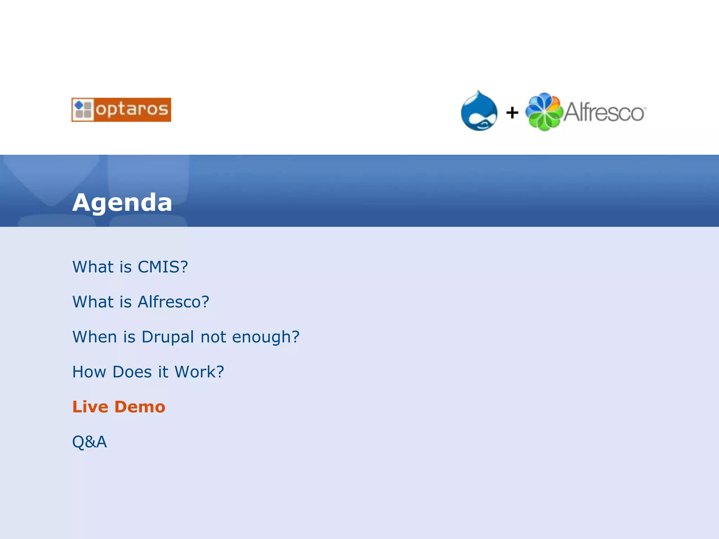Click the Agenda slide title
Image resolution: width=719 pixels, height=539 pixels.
click(x=122, y=202)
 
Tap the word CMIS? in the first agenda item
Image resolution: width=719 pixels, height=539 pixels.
click(x=163, y=267)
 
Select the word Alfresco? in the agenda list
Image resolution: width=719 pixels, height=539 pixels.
click(x=173, y=302)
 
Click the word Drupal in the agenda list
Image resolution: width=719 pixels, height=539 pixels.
click(x=168, y=337)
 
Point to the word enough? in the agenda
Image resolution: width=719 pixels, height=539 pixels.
click(x=266, y=337)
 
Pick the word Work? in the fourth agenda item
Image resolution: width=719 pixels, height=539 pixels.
click(x=199, y=372)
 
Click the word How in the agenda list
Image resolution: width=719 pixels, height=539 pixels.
click(x=89, y=372)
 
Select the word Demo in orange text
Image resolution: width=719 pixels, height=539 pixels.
click(x=140, y=407)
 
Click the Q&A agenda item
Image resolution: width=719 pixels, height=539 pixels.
click(x=90, y=442)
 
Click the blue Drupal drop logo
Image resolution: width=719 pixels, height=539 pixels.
click(x=479, y=111)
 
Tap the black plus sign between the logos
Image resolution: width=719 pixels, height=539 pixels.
click(x=512, y=113)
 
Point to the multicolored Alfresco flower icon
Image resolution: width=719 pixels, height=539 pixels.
click(x=544, y=112)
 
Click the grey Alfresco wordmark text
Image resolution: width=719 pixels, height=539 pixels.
click(x=604, y=112)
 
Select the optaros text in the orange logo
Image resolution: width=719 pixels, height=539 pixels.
click(x=132, y=109)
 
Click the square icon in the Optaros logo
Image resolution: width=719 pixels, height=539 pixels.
click(x=83, y=109)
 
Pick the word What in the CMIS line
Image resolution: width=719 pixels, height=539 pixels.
click(x=93, y=267)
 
